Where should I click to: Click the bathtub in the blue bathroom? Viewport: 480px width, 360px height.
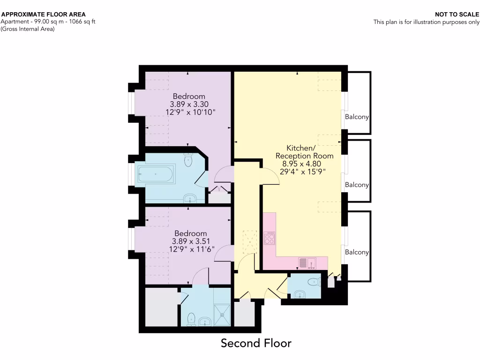coord(156,174)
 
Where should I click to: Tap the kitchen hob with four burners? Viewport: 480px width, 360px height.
coord(270,238)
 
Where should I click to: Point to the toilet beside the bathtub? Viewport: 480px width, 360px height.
coord(188,161)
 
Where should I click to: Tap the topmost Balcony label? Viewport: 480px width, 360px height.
coord(357,117)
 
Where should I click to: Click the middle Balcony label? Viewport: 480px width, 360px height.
coord(357,185)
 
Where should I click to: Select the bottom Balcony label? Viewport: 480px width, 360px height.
coord(357,252)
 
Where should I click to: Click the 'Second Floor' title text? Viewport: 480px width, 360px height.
coord(256,343)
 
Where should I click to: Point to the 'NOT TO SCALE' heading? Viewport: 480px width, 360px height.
coord(457,15)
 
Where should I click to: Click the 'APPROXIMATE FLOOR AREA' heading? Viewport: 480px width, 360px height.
coord(44,15)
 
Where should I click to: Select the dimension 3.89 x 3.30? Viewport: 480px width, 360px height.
coord(189,105)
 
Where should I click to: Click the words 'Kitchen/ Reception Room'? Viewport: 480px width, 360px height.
coord(304,152)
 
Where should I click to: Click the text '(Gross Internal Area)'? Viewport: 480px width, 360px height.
coord(28,29)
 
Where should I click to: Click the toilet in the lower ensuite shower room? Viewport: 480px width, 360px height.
coord(191,319)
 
